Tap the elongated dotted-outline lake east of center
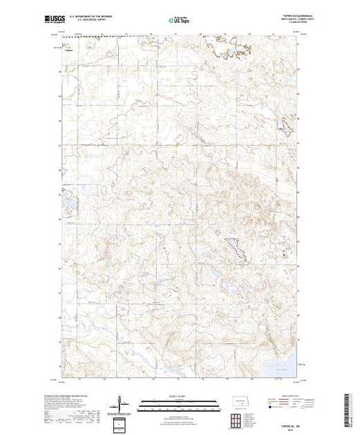[x=236, y=249]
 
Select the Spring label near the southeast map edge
[x=300, y=360]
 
